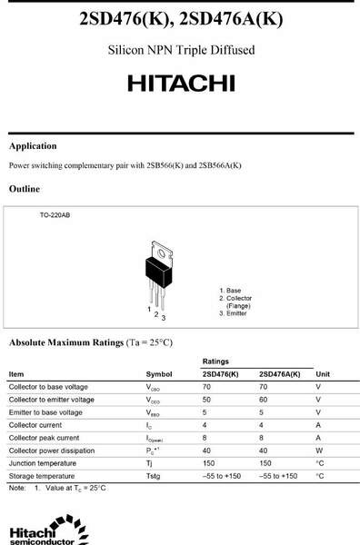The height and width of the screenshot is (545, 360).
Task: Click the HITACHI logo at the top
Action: coord(180,83)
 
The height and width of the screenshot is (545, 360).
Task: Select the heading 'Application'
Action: coord(33,146)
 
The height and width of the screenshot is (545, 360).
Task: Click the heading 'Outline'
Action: coord(25,189)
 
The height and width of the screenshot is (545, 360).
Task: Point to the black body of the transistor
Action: coord(159,268)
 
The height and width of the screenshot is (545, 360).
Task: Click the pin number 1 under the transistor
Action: coord(148,310)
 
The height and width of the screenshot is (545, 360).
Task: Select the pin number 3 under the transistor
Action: coord(163,318)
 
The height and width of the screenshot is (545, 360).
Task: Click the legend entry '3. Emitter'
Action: coord(235,313)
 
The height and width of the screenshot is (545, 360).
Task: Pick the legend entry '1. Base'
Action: coord(231,290)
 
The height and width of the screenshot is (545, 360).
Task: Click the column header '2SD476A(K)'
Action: coord(279,374)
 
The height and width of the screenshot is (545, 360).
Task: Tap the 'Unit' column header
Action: coord(323,374)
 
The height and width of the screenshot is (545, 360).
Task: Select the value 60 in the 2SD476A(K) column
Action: coord(264,400)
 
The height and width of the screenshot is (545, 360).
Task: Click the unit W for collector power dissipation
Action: coord(319,451)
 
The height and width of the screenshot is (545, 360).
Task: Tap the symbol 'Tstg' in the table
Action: coord(154,476)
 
